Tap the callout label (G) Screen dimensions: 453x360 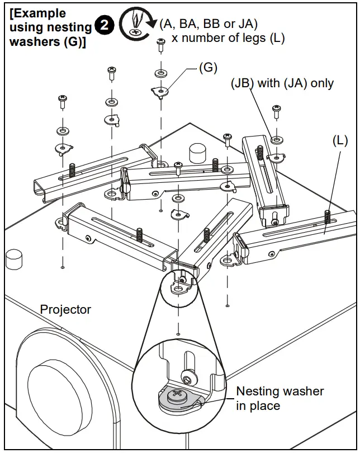(x=207, y=68)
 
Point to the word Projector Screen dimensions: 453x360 (x=65, y=309)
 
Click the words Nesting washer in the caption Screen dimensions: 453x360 (x=280, y=391)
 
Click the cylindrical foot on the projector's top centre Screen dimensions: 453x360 (x=197, y=152)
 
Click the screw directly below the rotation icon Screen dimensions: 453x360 (x=160, y=44)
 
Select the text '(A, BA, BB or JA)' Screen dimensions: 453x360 (x=208, y=23)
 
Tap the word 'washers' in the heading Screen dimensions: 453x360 (x=32, y=41)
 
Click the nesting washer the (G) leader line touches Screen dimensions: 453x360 (x=160, y=90)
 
